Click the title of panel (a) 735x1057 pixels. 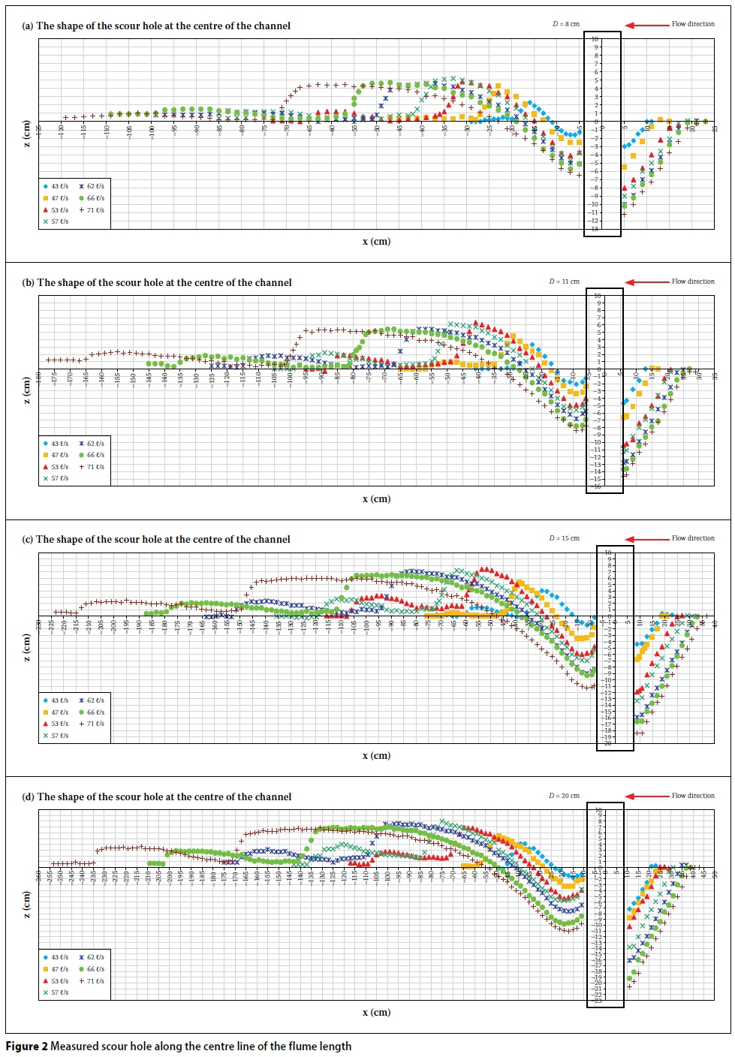coord(156,26)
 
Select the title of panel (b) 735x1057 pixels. coord(157,283)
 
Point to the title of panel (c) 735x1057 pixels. coord(156,540)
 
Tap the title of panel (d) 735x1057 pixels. coord(157,797)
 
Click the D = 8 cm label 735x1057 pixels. coord(566,24)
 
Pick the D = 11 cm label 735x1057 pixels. coord(564,282)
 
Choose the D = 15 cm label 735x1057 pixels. coord(564,538)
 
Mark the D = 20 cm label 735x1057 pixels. coord(564,796)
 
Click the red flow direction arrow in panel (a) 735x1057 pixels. coord(647,25)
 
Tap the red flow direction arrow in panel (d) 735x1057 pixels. coord(647,796)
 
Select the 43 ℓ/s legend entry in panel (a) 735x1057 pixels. coord(56,186)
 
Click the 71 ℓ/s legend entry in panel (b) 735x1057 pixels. coord(92,467)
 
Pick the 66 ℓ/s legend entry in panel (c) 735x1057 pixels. coord(92,712)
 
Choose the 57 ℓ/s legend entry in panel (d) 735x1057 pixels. coord(56,992)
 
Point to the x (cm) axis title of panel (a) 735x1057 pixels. coord(376,242)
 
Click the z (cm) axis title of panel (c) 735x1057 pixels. coord(28,648)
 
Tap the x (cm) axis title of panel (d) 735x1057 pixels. coord(376,1013)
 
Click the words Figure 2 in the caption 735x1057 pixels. coord(27,1046)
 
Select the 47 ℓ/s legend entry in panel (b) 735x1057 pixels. coord(56,455)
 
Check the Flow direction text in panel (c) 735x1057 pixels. coord(693,538)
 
